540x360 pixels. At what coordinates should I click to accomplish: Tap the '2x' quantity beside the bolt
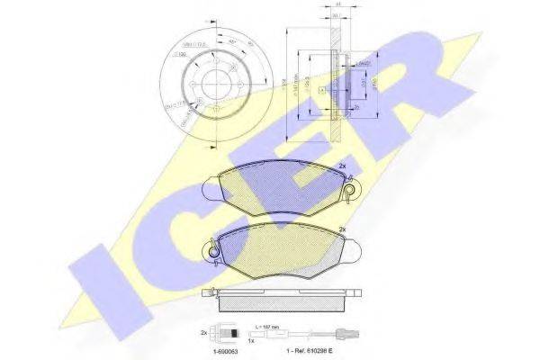pyautogui.click(x=206, y=333)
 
